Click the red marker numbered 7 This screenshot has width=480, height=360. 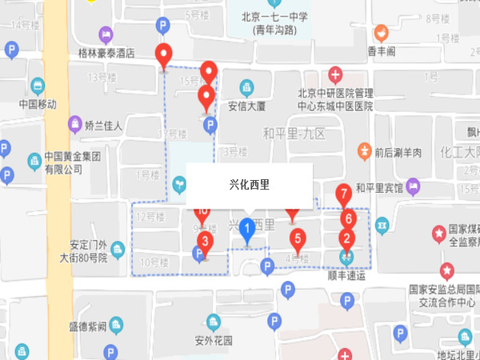click(x=343, y=194)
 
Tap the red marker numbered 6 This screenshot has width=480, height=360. click(x=347, y=218)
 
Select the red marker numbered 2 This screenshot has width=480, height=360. click(x=346, y=237)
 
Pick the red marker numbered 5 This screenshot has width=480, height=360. click(x=298, y=238)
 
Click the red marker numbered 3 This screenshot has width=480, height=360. click(x=206, y=240)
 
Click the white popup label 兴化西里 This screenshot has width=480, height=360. click(x=249, y=185)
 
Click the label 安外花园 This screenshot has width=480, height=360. click(x=214, y=340)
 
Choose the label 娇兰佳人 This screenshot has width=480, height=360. click(x=104, y=125)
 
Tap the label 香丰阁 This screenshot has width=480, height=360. click(x=382, y=51)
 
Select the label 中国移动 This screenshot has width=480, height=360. click(x=38, y=104)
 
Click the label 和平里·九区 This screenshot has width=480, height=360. click(x=294, y=133)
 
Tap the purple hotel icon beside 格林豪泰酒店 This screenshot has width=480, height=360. click(x=104, y=35)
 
